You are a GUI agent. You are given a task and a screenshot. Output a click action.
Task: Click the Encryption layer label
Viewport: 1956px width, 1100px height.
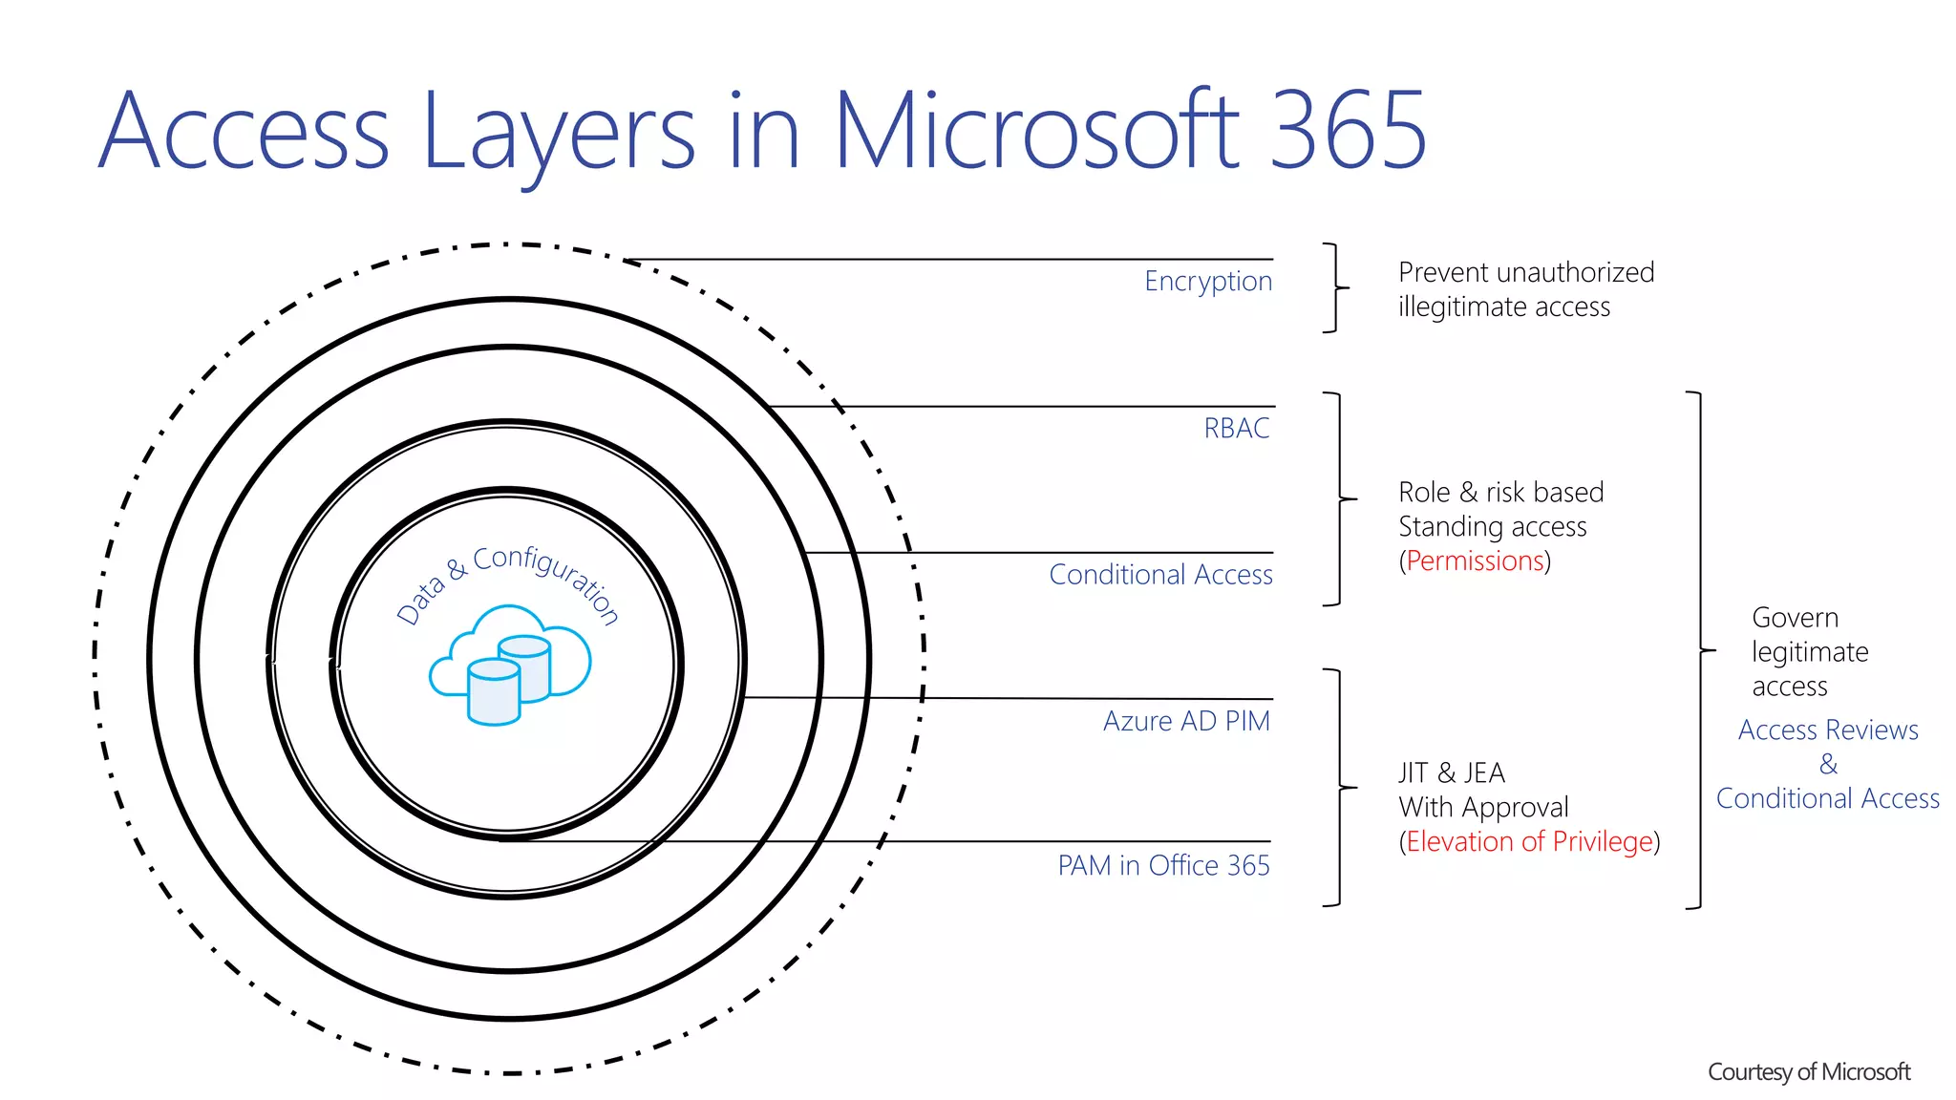[1208, 281]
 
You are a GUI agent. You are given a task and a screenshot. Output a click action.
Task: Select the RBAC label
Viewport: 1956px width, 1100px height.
[1237, 428]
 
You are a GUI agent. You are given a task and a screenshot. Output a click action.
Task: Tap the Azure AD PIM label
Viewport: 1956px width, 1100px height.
[1186, 721]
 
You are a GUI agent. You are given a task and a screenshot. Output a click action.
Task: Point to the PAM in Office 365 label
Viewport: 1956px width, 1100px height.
[1163, 865]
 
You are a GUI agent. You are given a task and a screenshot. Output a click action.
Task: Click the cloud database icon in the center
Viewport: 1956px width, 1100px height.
[509, 665]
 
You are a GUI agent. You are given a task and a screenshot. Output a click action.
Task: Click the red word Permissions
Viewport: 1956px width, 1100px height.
[1475, 561]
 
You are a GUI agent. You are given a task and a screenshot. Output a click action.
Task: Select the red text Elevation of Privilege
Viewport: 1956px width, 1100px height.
[1529, 841]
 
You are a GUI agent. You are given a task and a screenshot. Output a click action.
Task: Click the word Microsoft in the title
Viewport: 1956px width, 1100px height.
[1036, 130]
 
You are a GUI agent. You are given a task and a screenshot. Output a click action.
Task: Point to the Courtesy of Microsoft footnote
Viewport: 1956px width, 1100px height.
[1809, 1072]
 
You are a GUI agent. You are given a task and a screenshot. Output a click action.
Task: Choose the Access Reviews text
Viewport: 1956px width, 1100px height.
[1828, 730]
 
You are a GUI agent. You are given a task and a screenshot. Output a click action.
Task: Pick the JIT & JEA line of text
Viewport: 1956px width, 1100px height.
[1452, 772]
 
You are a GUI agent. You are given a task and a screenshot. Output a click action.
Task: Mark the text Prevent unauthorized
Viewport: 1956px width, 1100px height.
[1526, 272]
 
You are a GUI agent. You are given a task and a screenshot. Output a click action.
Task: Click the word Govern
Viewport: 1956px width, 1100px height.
[1795, 618]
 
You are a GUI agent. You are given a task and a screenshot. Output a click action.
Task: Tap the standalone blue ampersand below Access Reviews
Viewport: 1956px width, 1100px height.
[1828, 764]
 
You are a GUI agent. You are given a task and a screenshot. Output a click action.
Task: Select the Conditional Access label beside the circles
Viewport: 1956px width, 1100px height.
[1160, 574]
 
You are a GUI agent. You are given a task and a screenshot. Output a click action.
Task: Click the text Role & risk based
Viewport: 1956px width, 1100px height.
[1500, 492]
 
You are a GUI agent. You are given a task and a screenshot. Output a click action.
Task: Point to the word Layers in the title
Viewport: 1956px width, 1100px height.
[559, 130]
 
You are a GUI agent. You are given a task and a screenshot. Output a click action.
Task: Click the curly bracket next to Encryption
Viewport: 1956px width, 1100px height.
[1335, 287]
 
